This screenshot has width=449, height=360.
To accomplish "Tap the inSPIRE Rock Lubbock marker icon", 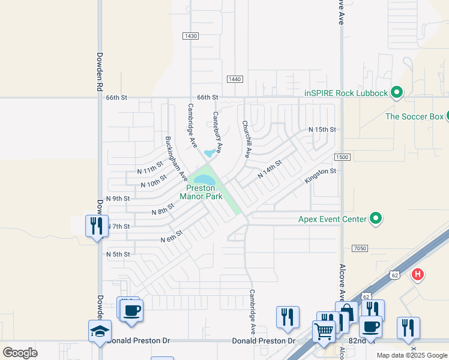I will point(396,92).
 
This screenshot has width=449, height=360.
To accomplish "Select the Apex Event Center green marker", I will point(376,218).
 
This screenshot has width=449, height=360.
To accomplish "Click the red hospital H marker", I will point(418,275).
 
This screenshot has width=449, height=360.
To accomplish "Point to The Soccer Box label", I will point(414,116).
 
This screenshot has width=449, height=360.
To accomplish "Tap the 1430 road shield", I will point(191,36).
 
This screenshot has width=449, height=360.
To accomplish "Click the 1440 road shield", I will point(235,79).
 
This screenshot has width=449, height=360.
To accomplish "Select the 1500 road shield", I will point(342,157).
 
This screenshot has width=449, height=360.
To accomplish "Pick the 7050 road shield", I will point(360,248).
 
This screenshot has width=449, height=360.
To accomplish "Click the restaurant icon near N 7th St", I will point(97,226).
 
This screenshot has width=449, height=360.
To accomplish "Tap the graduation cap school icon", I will point(100,331).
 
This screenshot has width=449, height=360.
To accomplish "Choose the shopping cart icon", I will point(324,331).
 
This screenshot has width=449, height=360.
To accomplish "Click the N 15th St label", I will point(322,130).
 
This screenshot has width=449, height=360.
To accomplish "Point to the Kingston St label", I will point(321,175).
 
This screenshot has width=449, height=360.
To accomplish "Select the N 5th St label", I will point(118,254).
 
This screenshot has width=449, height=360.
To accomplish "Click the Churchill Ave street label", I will point(246,140).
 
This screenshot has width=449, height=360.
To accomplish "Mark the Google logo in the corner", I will point(20,353).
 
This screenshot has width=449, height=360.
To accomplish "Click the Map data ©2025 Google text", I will point(411,355).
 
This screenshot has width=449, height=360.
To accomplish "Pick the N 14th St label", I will point(270,169).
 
